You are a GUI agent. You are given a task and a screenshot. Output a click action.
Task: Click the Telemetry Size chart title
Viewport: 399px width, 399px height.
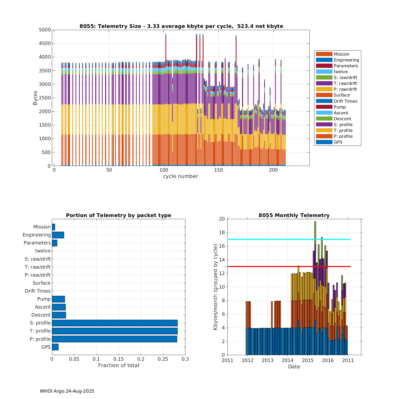[x=181, y=26]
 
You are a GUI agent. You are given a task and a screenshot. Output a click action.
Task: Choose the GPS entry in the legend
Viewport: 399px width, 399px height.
[x=338, y=142]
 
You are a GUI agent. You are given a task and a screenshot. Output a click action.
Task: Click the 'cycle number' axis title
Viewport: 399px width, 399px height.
[x=180, y=176]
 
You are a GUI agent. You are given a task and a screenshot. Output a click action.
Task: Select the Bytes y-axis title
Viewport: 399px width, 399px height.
[x=35, y=98]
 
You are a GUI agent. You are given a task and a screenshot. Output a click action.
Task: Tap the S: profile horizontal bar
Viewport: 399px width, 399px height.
[x=114, y=323]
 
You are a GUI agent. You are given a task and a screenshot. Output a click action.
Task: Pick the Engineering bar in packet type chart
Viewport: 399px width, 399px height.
[x=58, y=235]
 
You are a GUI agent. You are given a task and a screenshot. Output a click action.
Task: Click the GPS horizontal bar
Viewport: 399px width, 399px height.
[x=55, y=347]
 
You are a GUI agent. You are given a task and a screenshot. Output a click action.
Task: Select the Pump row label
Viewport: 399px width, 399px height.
[x=44, y=299]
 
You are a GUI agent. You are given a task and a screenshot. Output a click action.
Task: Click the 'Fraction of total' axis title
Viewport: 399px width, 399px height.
[x=119, y=365]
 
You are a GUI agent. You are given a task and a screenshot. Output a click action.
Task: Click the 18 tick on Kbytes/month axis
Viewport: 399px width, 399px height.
[x=222, y=232]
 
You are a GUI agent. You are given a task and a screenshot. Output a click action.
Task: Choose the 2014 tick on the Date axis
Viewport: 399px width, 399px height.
[x=288, y=360]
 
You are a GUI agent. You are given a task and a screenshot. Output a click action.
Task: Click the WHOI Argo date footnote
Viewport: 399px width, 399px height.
[x=67, y=391]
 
